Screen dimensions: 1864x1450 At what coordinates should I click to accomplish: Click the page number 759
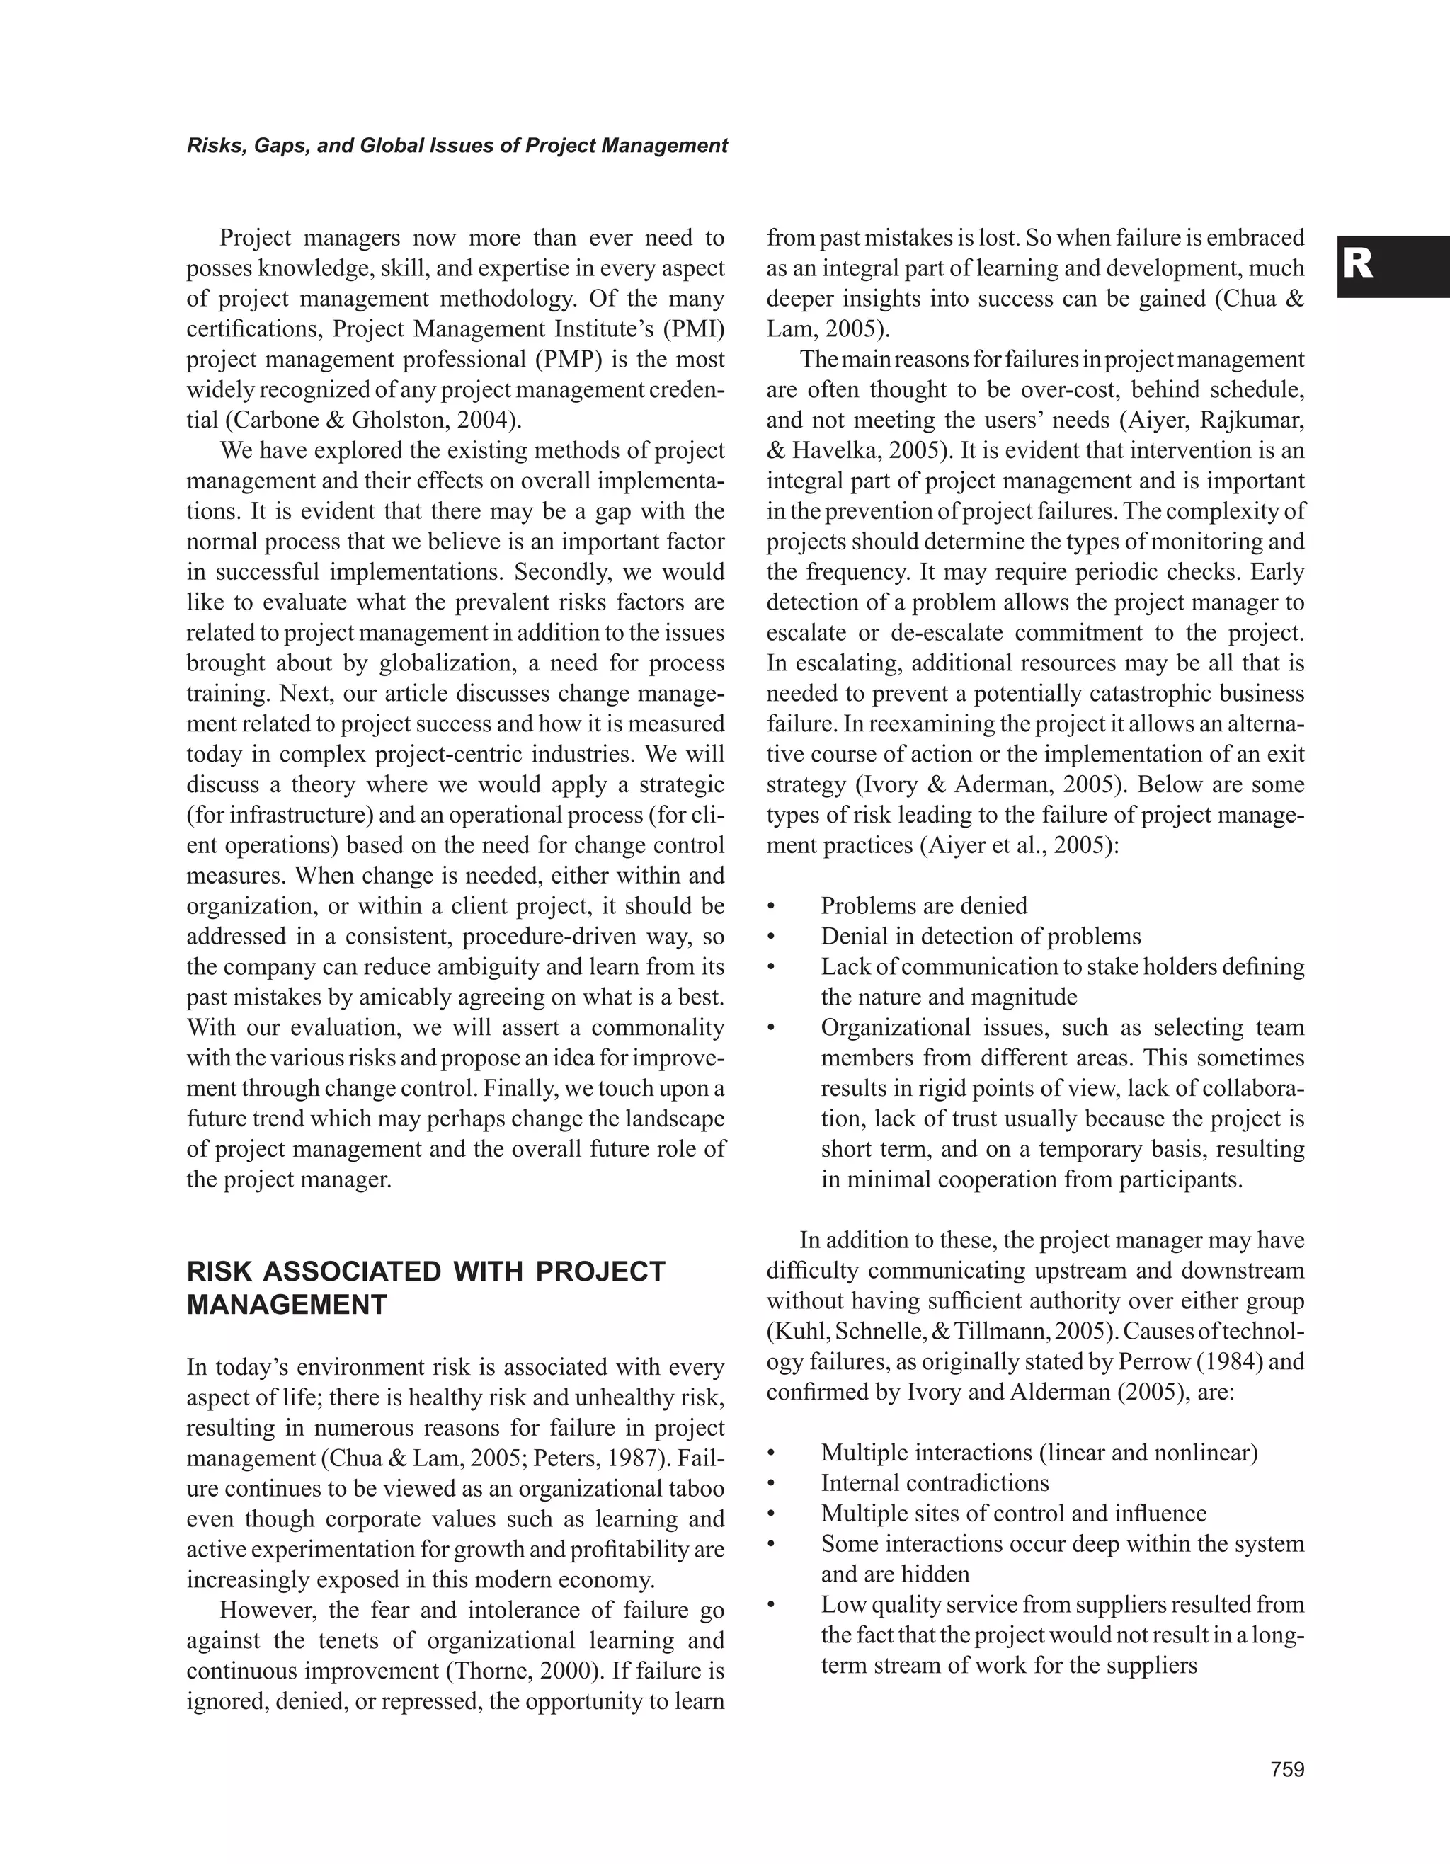pos(1287,1769)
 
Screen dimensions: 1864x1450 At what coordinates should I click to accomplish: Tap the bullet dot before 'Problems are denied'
pos(770,906)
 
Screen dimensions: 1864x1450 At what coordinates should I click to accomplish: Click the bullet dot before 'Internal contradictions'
pos(770,1483)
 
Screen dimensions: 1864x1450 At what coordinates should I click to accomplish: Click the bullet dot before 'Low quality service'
pos(770,1606)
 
